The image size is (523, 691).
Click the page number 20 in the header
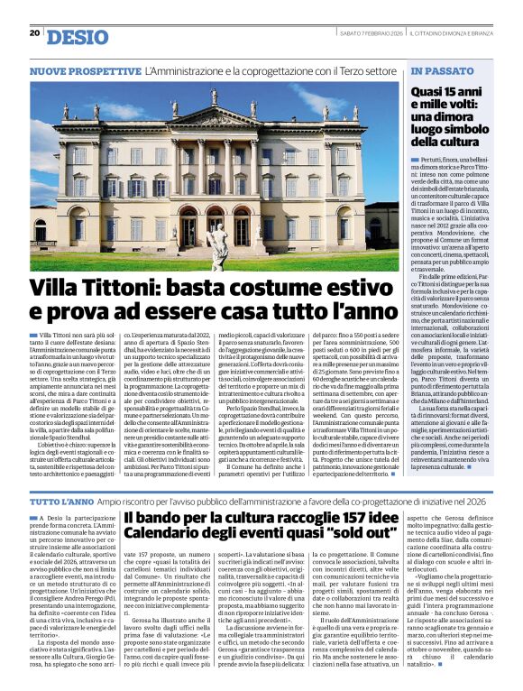pyautogui.click(x=35, y=33)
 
